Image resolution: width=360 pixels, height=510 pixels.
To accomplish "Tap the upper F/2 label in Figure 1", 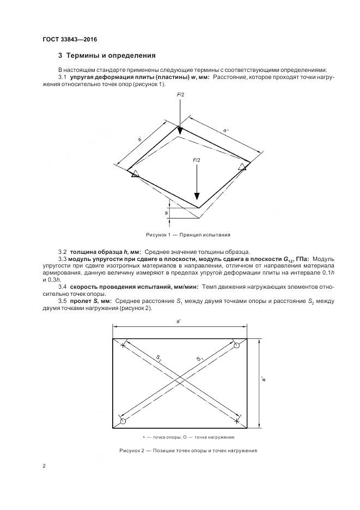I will click(x=181, y=95).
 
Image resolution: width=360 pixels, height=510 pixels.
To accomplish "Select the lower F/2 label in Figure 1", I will click(x=197, y=160).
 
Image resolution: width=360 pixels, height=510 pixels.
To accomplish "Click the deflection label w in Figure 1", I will click(x=165, y=213).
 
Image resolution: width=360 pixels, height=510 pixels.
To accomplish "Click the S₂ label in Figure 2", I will click(x=158, y=358).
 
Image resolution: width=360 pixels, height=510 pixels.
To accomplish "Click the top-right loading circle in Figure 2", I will click(x=236, y=345).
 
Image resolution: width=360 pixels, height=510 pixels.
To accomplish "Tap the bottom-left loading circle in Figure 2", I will click(x=123, y=421).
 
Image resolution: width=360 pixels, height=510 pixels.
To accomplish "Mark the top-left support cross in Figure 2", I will click(x=124, y=345).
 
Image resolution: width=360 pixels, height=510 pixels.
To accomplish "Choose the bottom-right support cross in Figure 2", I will click(x=236, y=421).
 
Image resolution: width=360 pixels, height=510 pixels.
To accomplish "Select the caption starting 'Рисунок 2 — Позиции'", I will click(x=188, y=451).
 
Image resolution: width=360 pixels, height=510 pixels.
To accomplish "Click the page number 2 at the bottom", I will click(x=44, y=466).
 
